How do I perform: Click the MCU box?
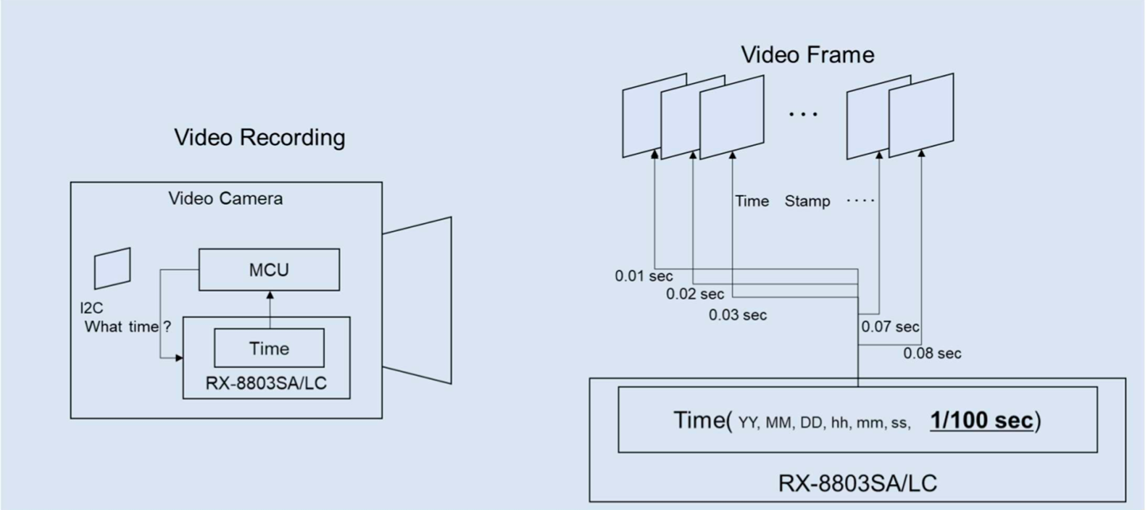269,269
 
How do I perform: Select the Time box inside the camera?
269,348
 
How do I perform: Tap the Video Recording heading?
259,137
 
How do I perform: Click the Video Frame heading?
807,54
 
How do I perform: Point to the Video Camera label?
225,198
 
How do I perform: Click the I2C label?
91,308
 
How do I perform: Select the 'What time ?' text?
128,327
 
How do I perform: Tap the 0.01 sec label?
644,276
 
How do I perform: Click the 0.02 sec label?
695,294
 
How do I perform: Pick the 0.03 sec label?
738,315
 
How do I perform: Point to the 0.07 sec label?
890,327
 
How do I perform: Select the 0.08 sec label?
932,354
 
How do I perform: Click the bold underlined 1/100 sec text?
982,420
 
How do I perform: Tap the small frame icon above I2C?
112,268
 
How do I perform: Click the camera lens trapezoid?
417,300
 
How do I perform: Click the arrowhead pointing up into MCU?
270,296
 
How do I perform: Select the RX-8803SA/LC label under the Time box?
266,383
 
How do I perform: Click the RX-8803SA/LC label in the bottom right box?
857,483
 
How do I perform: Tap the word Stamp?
807,201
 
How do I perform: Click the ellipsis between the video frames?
803,114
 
